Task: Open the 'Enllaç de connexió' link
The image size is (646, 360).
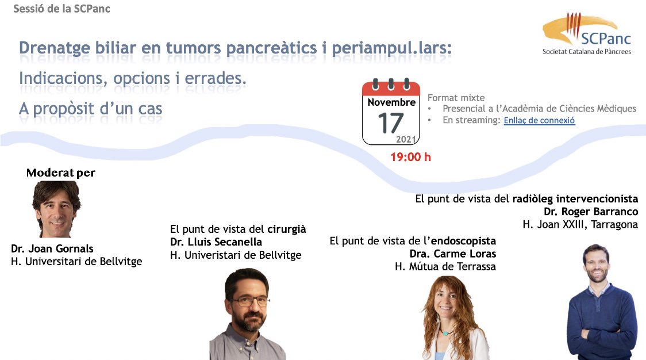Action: click(539, 121)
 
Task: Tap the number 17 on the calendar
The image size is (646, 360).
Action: click(391, 123)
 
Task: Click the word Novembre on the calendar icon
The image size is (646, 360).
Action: click(391, 102)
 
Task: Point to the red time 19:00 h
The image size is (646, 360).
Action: click(410, 157)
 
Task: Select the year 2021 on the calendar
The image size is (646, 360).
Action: click(406, 140)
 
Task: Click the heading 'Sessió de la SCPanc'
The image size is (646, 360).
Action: click(61, 9)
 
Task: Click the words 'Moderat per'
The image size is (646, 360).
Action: click(61, 173)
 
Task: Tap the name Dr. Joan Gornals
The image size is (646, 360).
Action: click(52, 249)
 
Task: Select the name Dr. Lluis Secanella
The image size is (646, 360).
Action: click(216, 242)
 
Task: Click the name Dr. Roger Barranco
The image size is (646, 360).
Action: click(591, 212)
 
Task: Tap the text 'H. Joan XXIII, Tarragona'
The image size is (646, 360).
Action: click(580, 225)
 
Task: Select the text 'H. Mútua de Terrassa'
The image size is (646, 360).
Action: click(445, 266)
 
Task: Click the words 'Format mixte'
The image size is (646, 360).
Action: click(456, 98)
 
